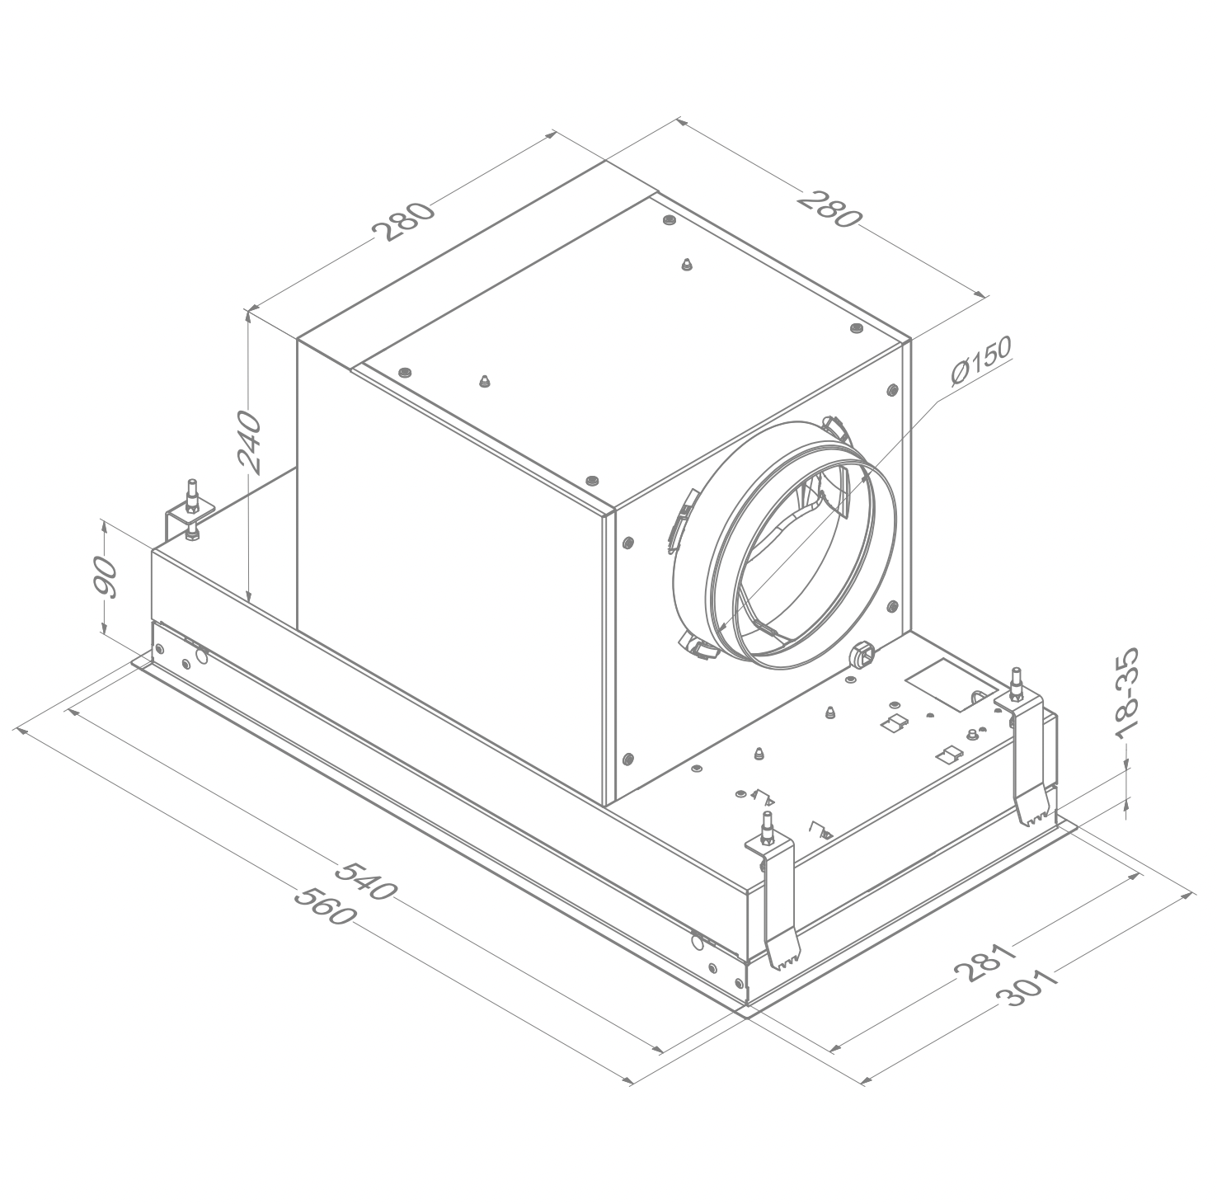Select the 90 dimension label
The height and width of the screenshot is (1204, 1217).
click(106, 576)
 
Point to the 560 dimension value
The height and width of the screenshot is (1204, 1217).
click(325, 905)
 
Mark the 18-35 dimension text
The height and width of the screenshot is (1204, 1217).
click(1126, 693)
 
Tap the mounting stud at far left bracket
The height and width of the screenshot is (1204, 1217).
click(192, 496)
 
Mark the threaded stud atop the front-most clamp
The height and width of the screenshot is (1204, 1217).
click(768, 828)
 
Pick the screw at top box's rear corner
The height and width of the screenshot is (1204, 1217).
click(669, 220)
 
